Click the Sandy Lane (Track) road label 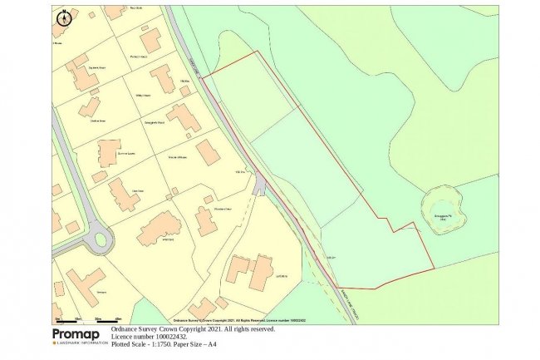point(346,293)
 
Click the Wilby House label point(142,96)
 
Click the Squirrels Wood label point(97,67)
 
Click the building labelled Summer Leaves point(109,153)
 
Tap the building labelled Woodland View point(208,152)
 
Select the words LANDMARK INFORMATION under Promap point(80,343)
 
